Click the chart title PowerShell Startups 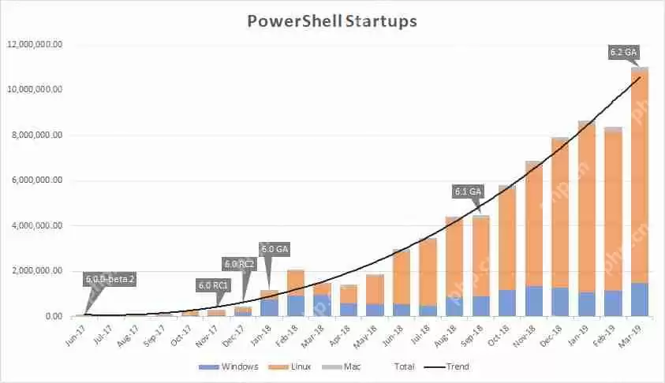pos(332,21)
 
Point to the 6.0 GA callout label pos(275,250)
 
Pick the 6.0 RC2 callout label pos(240,263)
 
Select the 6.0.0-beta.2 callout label pos(110,278)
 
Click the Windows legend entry pos(235,366)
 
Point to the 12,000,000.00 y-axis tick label pos(35,44)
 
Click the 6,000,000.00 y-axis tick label pos(37,180)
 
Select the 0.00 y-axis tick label pos(53,317)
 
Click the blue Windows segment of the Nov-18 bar pos(534,301)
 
